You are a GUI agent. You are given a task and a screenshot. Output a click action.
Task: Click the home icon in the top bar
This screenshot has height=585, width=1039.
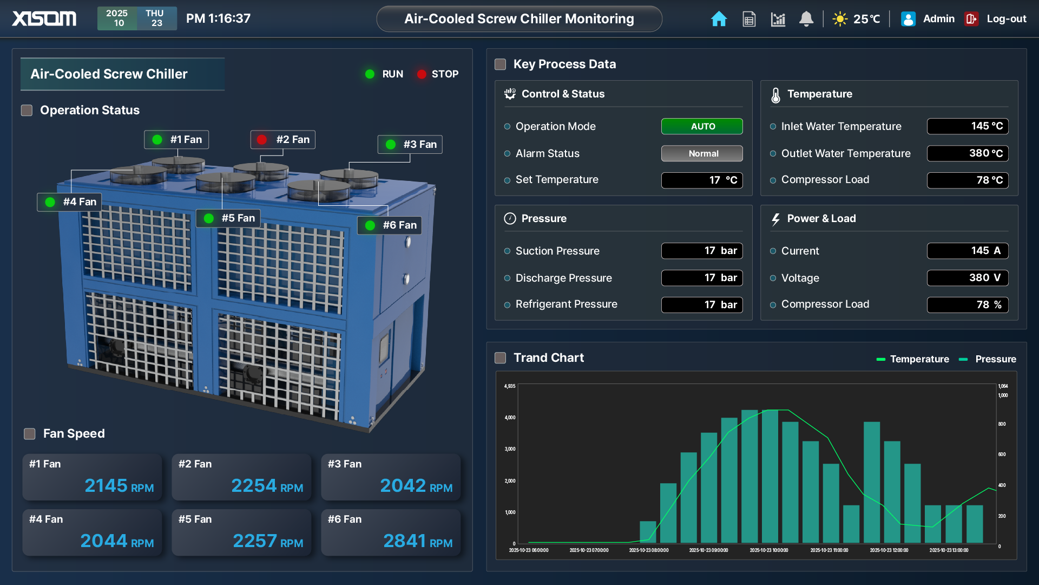point(719,19)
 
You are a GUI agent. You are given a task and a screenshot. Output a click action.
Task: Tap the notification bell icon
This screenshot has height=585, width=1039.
point(806,19)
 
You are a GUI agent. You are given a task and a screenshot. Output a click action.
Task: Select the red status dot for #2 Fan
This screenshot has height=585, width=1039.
point(262,140)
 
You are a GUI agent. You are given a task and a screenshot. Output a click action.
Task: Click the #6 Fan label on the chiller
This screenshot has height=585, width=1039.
point(399,225)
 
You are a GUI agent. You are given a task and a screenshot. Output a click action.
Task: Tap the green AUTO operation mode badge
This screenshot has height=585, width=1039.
point(702,126)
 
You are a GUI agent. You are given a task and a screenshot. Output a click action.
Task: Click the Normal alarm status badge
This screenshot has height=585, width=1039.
point(702,154)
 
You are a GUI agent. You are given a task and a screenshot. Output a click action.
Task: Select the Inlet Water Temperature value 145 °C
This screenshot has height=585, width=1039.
point(968,126)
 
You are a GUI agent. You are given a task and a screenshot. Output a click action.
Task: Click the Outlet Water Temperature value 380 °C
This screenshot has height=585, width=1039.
point(968,153)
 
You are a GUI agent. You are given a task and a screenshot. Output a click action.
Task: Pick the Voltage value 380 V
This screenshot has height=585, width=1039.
point(968,278)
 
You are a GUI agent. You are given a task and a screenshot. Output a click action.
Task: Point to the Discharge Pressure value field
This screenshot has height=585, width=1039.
point(702,278)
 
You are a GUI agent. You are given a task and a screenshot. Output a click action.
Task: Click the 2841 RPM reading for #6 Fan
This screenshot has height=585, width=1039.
point(417,541)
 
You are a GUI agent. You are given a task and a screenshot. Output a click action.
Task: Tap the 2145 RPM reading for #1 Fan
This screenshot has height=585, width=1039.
point(119,485)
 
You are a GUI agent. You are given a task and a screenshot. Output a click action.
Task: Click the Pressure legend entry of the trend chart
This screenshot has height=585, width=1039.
point(988,359)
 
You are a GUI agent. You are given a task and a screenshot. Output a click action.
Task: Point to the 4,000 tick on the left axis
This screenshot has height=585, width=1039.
point(510,418)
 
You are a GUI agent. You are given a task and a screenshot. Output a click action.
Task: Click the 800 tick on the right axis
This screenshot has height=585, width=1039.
point(1002,424)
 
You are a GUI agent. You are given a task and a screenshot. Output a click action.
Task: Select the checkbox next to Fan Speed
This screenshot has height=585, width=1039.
point(30,434)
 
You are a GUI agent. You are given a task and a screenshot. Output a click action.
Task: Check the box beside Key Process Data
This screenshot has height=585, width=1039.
point(501,64)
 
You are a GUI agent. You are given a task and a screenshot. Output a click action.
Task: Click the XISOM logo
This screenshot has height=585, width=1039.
point(44,19)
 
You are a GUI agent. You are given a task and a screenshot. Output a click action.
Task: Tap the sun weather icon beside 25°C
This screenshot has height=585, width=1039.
point(840,19)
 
